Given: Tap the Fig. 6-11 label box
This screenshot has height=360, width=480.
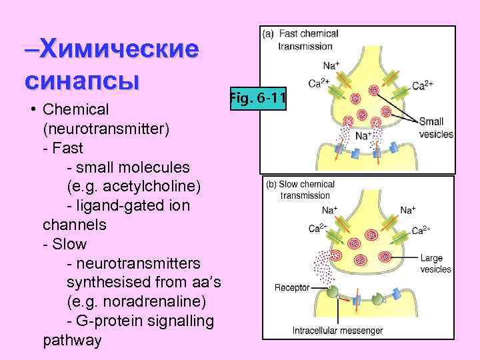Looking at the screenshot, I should (x=257, y=99).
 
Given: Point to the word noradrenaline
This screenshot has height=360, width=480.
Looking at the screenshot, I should (x=147, y=302).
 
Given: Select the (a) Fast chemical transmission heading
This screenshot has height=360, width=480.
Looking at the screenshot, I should (x=301, y=39).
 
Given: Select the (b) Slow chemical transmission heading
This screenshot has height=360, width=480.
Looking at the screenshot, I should (x=301, y=189).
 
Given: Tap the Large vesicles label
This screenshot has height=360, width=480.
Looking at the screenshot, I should (x=435, y=264).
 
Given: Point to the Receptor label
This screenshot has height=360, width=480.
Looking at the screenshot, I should (x=292, y=288).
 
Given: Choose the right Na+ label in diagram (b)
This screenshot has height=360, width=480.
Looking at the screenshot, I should (x=408, y=210).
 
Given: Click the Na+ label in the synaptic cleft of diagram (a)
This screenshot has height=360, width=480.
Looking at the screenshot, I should (x=363, y=136).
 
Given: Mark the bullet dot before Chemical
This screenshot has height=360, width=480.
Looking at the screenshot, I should (x=31, y=108).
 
